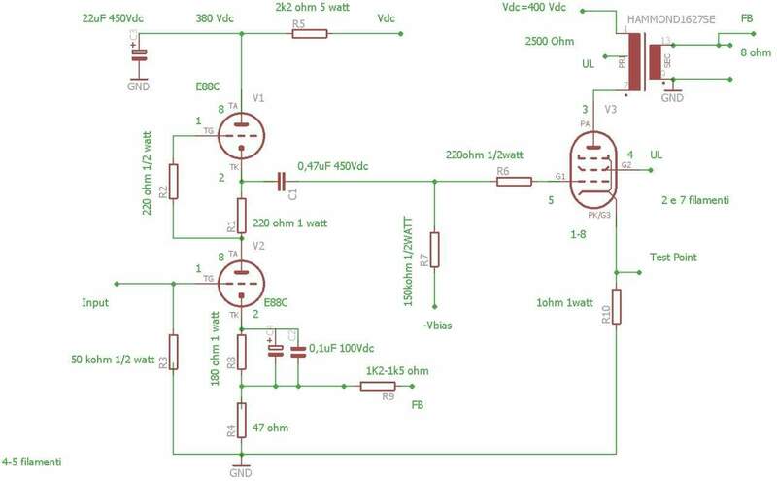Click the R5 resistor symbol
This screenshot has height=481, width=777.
[311, 34]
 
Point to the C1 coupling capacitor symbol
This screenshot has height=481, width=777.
[281, 181]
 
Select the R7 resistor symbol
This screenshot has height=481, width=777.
[435, 249]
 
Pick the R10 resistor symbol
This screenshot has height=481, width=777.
[617, 306]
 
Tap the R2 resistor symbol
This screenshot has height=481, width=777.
[172, 181]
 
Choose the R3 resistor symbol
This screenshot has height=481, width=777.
[172, 351]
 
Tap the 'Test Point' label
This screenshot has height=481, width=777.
[673, 258]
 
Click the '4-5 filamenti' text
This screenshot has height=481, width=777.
[33, 462]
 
